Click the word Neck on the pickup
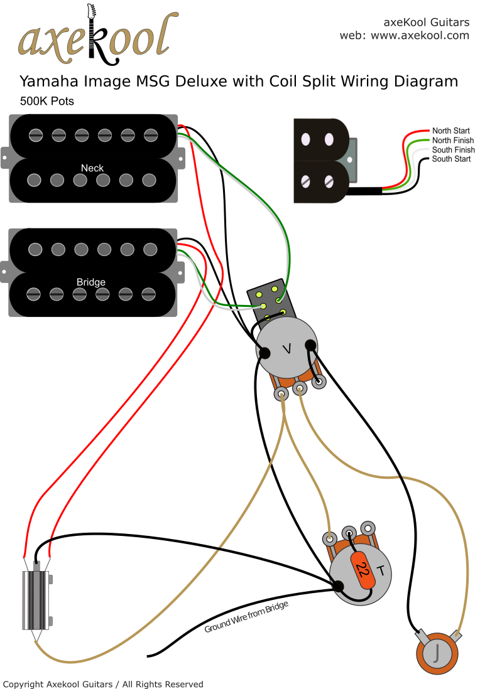[x=92, y=168]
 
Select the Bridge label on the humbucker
[x=91, y=282]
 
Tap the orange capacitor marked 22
[x=363, y=569]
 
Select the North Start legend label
[x=450, y=131]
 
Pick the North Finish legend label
[x=452, y=141]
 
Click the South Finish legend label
[x=453, y=150]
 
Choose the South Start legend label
[x=451, y=159]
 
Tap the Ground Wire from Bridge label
[x=246, y=617]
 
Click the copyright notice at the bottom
[x=103, y=684]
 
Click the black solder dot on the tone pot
[x=339, y=586]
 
